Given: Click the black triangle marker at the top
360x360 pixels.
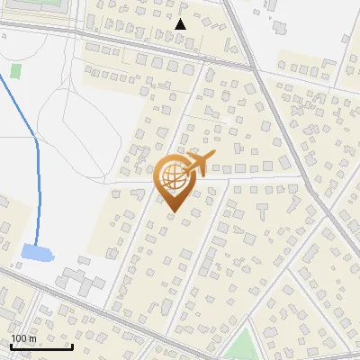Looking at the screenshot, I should pyautogui.click(x=181, y=24).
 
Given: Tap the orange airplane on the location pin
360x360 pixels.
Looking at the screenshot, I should pyautogui.click(x=200, y=164).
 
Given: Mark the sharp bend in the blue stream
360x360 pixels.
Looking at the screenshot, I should pyautogui.click(x=35, y=139).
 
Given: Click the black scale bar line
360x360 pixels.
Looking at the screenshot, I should pyautogui.click(x=41, y=347).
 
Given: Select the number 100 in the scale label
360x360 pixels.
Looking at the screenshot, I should pyautogui.click(x=19, y=338).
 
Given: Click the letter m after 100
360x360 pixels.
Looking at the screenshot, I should pyautogui.click(x=32, y=338).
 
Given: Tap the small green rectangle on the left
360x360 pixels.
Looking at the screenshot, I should pyautogui.click(x=15, y=70).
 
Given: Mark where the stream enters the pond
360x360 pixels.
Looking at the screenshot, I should pyautogui.click(x=35, y=246).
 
